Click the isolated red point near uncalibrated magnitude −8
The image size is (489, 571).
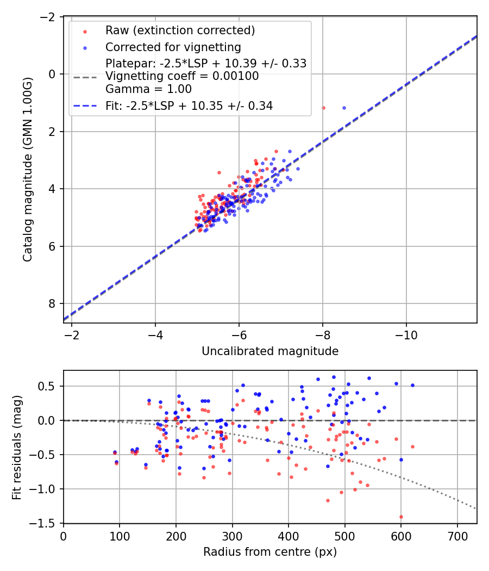pos(323,108)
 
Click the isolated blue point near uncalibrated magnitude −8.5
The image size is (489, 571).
pos(344,108)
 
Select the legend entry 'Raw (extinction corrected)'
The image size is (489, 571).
pos(180,30)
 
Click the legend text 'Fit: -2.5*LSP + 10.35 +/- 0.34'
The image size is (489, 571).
pos(189,106)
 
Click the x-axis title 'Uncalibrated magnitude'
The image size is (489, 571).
pos(270,351)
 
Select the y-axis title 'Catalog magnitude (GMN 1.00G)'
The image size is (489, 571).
pos(28,171)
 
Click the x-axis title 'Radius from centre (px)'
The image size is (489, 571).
pos(270,552)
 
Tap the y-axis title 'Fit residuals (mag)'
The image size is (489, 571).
pos(17,447)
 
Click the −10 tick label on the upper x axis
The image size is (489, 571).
pos(406,336)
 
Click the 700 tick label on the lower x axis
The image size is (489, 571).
pos(457,536)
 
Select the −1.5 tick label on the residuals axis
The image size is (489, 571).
pos(46,523)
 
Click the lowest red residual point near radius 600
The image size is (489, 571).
pos(401,517)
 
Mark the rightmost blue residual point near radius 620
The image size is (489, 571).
pos(412,385)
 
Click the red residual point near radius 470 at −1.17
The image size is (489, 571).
pos(328,500)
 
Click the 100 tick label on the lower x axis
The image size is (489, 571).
pos(120,536)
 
